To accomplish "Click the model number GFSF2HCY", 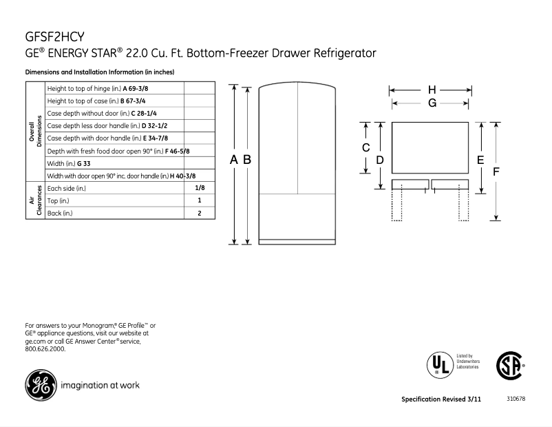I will (x=55, y=35).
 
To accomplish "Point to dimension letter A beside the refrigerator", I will (x=234, y=159).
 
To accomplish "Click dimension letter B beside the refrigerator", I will (x=246, y=159).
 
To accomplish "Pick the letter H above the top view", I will (x=432, y=90).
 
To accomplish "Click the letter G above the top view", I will (x=432, y=103).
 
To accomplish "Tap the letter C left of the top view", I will (x=366, y=148).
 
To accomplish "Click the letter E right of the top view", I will (x=480, y=159).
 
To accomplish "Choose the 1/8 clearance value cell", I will (x=199, y=188).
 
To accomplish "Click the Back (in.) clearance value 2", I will (x=199, y=213).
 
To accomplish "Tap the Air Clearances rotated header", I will (x=35, y=200).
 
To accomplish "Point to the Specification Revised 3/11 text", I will (x=441, y=400).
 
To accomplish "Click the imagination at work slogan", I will (x=100, y=385).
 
